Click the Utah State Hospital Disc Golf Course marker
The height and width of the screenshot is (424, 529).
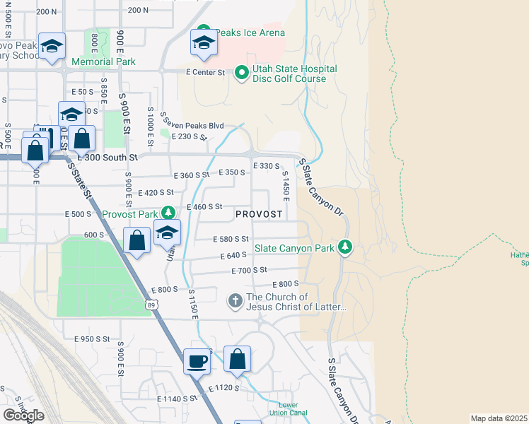click(241, 73)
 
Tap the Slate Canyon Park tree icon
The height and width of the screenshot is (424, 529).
click(344, 247)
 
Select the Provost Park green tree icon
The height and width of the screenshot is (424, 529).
click(168, 213)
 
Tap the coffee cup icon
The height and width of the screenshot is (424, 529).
click(197, 361)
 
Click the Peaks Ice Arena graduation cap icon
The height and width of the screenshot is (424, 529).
click(204, 43)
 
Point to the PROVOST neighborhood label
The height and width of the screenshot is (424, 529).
click(259, 213)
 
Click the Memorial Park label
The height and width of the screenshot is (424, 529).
click(103, 61)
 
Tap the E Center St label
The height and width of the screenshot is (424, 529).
click(205, 72)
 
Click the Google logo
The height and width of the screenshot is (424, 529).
click(23, 415)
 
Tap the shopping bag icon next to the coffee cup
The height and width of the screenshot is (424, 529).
click(238, 360)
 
